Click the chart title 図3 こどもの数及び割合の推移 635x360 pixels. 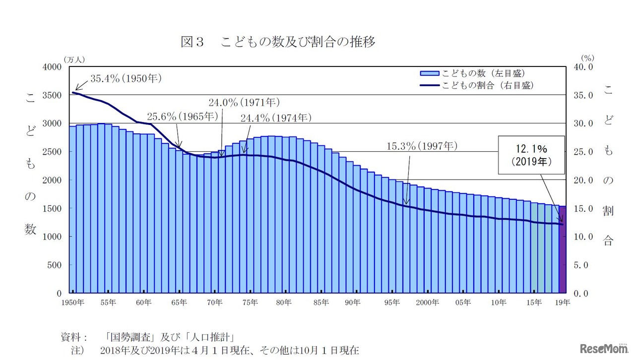click(278, 42)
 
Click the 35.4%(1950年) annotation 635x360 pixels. click(126, 78)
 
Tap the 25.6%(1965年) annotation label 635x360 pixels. click(183, 117)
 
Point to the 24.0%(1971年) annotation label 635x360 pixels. click(244, 103)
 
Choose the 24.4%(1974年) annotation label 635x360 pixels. click(276, 118)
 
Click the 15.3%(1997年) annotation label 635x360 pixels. click(422, 146)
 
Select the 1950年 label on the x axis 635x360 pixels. click(73, 302)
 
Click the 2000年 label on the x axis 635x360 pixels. click(428, 302)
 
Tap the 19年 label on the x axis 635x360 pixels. click(563, 302)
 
